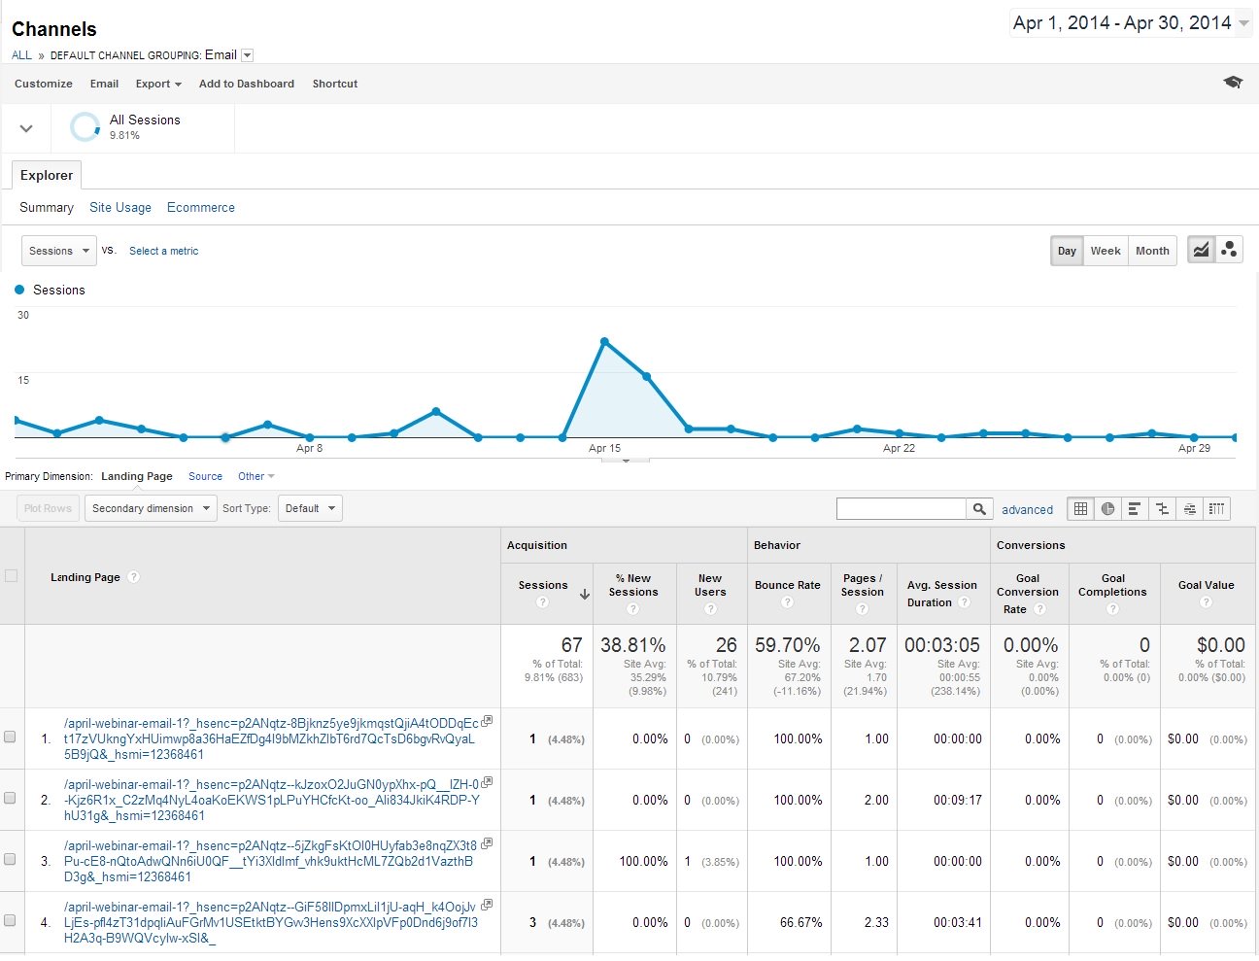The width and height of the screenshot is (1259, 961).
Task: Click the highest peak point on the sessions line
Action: click(604, 342)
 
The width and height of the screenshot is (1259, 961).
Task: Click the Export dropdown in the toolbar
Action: click(158, 84)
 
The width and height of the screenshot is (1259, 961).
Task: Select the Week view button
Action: click(1105, 251)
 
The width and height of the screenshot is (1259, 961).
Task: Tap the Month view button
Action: click(1152, 251)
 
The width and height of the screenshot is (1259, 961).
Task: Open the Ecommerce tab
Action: click(200, 207)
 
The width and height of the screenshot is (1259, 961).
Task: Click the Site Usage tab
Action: click(120, 207)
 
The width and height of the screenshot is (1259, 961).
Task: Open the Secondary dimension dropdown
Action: click(151, 508)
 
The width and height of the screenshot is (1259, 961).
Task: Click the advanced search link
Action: click(1027, 509)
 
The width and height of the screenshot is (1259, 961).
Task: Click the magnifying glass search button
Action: click(979, 508)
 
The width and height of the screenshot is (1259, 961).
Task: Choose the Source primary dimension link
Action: click(205, 476)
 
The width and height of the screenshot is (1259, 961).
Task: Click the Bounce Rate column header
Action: click(787, 585)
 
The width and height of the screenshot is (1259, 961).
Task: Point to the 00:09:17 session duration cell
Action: click(957, 800)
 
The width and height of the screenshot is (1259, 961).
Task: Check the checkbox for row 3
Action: click(11, 859)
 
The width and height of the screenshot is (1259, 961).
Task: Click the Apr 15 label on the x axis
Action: click(604, 448)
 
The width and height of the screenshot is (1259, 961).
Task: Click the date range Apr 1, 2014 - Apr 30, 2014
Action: click(1122, 22)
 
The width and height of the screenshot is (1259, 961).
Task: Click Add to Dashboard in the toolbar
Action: click(246, 84)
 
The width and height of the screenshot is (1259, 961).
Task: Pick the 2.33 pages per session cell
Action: click(876, 922)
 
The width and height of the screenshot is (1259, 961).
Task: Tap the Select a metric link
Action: click(163, 251)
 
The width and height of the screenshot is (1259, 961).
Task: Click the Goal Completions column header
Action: click(1112, 585)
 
